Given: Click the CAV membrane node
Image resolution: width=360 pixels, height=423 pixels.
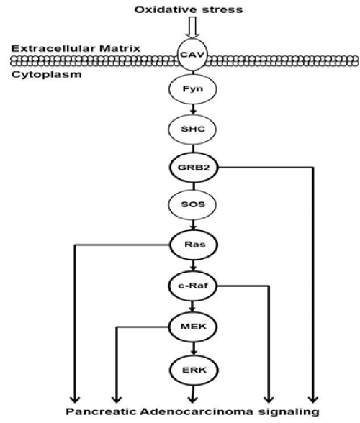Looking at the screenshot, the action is click(x=192, y=55).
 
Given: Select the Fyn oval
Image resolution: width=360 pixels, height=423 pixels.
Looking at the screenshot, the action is click(x=193, y=89).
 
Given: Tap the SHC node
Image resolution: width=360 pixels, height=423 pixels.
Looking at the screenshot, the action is click(x=192, y=129).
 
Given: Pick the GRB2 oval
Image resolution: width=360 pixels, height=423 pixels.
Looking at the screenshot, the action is click(x=194, y=168).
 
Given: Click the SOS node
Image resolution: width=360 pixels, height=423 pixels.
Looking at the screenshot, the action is click(x=192, y=204).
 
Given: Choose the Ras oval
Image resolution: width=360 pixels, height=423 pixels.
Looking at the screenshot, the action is click(x=194, y=245).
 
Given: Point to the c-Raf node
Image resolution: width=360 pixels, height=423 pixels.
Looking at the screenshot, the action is click(x=193, y=286).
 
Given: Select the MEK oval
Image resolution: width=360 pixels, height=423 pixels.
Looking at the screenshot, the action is click(x=193, y=327).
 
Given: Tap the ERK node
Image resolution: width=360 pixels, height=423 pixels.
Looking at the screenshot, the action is click(x=194, y=370).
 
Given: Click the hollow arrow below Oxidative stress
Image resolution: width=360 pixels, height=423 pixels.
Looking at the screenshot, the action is click(x=192, y=27).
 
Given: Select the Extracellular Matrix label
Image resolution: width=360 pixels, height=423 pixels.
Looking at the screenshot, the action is click(x=76, y=49).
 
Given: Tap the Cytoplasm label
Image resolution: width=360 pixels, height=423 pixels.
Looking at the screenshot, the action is click(x=47, y=75).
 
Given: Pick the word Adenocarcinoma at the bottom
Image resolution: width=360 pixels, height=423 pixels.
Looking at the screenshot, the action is click(x=197, y=411).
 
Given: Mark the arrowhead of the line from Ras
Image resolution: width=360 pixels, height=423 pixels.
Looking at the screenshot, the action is click(x=75, y=399).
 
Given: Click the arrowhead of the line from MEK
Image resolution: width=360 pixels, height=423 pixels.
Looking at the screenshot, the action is click(x=117, y=399).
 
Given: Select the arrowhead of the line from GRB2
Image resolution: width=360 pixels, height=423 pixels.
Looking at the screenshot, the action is click(x=313, y=399).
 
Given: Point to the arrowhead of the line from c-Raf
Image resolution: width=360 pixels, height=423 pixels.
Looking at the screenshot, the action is click(x=269, y=399).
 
